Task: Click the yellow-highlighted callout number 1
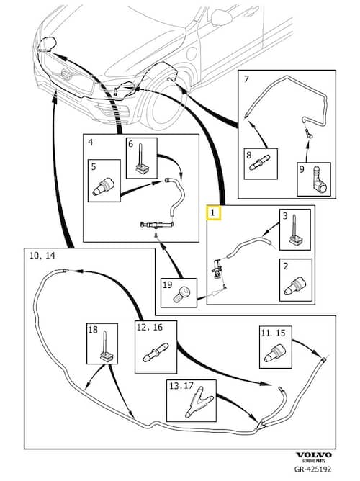click(213, 212)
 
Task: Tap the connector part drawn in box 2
click(295, 286)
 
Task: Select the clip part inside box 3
click(296, 230)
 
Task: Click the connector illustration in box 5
click(104, 187)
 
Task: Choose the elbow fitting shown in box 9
click(319, 181)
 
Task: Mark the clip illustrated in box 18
click(105, 346)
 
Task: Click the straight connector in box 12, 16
click(156, 352)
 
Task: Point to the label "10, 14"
click(42, 255)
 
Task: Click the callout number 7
click(246, 78)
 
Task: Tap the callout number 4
click(91, 142)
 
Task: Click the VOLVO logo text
click(313, 455)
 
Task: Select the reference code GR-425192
click(312, 469)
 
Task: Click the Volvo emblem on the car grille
click(66, 74)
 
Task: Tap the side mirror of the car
click(221, 17)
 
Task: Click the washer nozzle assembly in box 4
click(157, 225)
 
